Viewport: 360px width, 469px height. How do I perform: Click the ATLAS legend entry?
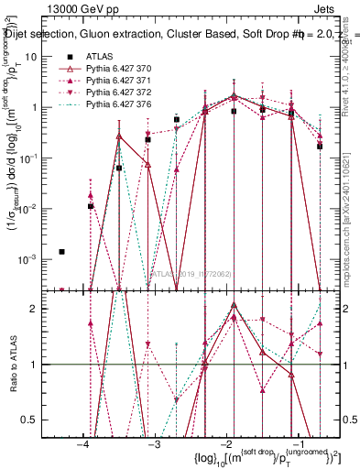(99, 57)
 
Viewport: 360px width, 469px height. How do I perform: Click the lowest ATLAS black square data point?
(61, 251)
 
